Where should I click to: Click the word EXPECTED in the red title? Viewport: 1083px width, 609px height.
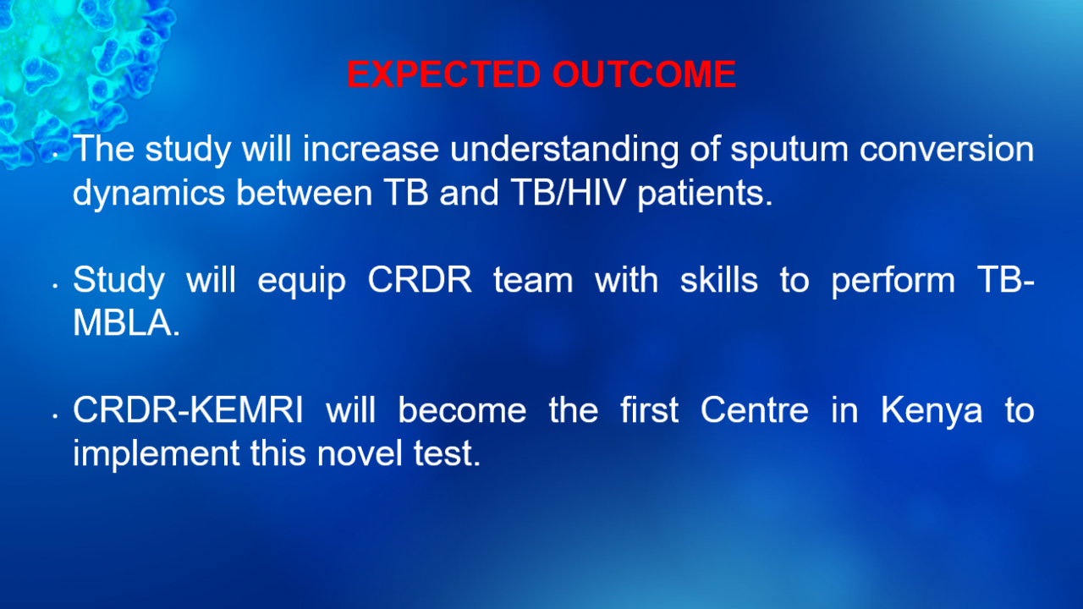pos(443,74)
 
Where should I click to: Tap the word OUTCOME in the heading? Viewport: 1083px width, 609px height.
pos(644,74)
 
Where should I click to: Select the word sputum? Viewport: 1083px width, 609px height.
pos(789,151)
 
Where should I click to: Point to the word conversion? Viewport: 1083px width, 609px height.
pos(947,149)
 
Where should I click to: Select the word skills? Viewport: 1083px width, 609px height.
pos(719,279)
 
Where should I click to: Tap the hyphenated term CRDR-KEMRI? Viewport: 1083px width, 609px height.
pos(188,410)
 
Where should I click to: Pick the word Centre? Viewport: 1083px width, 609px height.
pos(754,410)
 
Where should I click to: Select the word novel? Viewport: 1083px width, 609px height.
pos(360,453)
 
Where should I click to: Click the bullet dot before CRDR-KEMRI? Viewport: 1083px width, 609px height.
pos(56,415)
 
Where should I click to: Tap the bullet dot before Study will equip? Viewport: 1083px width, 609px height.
pos(56,286)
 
